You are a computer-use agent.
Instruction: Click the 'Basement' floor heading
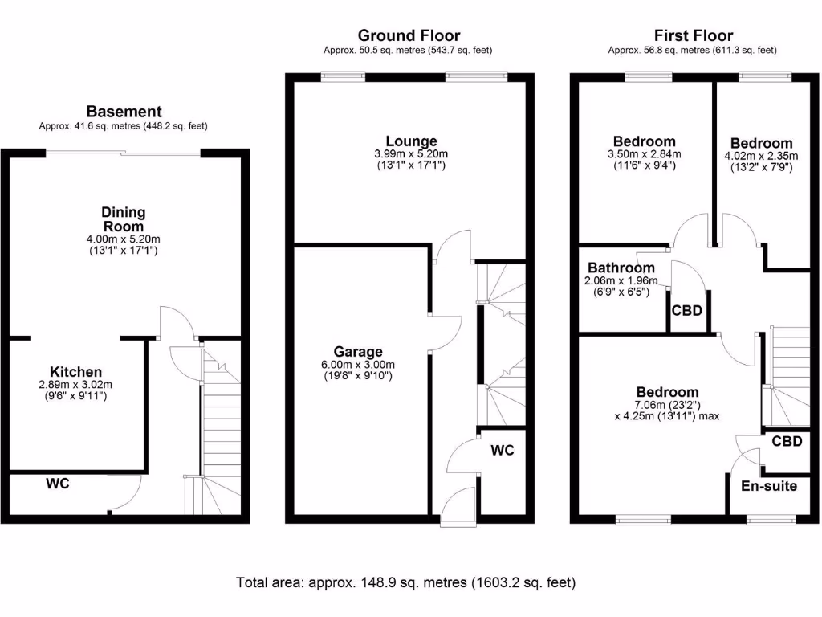point(124,112)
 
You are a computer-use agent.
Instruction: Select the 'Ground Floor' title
point(409,35)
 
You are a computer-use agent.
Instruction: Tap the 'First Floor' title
point(693,35)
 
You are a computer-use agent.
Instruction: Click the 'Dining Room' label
point(124,219)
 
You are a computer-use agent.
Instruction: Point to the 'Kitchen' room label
point(76,372)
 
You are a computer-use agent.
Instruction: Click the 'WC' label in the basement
point(57,484)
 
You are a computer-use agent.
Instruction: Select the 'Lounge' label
point(410,141)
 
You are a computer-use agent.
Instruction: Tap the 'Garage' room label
point(358,351)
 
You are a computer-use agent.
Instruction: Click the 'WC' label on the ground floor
point(503,451)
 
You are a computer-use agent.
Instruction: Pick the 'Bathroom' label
point(621,268)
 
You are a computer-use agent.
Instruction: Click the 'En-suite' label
point(768,485)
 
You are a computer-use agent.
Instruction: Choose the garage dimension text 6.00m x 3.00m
point(358,364)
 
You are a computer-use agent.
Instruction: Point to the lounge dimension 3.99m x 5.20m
point(410,154)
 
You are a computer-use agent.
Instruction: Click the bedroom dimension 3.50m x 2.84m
point(645,154)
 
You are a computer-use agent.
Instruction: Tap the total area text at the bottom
point(405,582)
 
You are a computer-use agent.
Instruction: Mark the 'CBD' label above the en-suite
point(787,441)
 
